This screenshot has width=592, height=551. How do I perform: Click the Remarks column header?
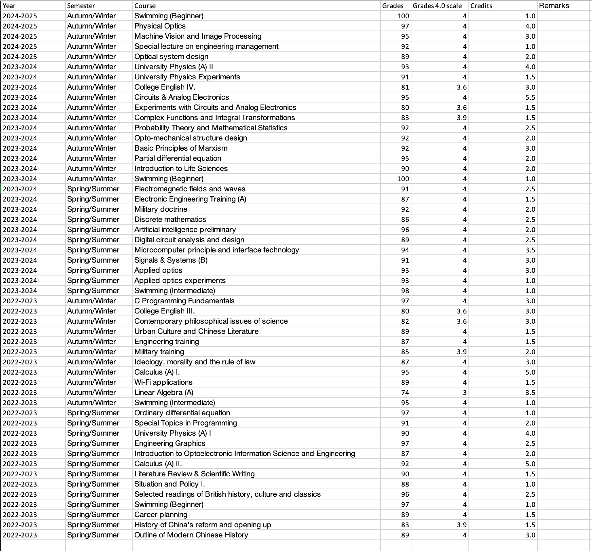tap(554, 5)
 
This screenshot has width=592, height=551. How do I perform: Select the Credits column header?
tap(481, 6)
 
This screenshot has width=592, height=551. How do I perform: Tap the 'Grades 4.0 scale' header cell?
tap(437, 6)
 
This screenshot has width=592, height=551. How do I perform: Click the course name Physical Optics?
tap(160, 26)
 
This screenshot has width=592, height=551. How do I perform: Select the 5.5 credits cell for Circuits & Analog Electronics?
tap(530, 97)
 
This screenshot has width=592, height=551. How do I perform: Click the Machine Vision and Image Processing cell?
tap(198, 36)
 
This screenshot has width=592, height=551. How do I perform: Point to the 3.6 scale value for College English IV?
tap(461, 87)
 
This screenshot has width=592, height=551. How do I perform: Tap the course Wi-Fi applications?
tap(163, 382)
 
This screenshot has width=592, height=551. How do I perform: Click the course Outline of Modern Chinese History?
tap(191, 535)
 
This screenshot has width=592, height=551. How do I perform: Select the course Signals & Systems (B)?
tap(171, 260)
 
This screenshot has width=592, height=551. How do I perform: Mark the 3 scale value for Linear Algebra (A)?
tap(464, 393)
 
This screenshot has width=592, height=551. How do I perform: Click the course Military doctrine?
tap(161, 209)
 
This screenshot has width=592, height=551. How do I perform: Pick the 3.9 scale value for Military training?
tap(461, 352)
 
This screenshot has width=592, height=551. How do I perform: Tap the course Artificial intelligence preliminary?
tap(185, 230)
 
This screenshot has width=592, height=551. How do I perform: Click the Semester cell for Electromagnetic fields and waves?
tap(93, 189)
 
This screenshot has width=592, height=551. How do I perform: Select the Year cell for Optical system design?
tap(20, 57)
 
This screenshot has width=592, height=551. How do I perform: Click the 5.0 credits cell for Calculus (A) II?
tap(530, 464)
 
